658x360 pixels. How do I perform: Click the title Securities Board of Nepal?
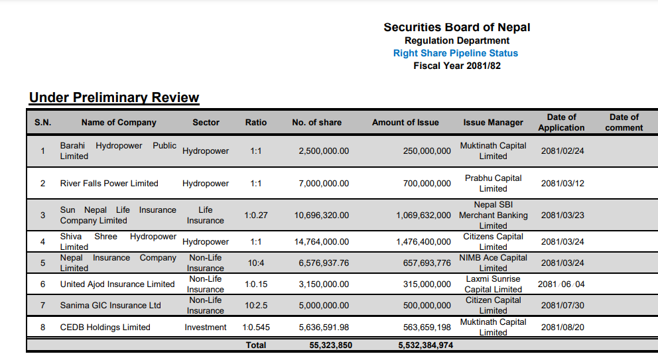click(x=456, y=27)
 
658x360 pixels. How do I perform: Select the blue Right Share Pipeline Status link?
click(x=455, y=53)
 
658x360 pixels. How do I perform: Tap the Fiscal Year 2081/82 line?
click(x=457, y=66)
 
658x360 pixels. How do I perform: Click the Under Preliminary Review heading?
click(x=114, y=97)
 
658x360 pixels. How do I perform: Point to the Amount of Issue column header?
click(x=405, y=123)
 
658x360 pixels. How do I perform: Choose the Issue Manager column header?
click(x=493, y=123)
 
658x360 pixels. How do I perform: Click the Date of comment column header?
click(x=624, y=123)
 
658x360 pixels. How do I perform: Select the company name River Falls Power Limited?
click(x=109, y=184)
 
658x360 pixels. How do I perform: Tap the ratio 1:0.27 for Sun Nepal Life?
click(x=256, y=215)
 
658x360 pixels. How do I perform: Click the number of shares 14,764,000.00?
click(x=322, y=242)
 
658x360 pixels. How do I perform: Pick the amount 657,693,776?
click(x=427, y=263)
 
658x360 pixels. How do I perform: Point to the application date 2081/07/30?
click(x=562, y=306)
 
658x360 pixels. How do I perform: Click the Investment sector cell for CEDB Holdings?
click(x=206, y=328)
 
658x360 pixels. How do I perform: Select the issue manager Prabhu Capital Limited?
click(x=493, y=184)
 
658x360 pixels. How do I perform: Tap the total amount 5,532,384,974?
click(x=426, y=345)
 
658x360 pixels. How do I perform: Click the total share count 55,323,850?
click(x=331, y=345)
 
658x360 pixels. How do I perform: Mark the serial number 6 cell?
click(x=43, y=284)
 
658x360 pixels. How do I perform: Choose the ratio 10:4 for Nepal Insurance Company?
click(x=256, y=263)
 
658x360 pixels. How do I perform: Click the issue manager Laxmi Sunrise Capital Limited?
click(x=493, y=284)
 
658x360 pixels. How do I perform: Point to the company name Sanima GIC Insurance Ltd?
click(x=110, y=306)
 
